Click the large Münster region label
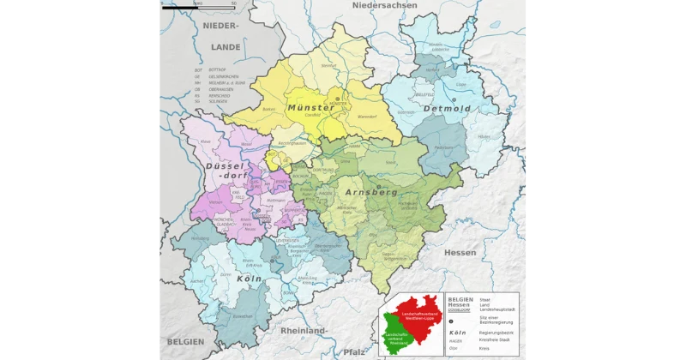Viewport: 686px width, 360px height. click(x=311, y=107)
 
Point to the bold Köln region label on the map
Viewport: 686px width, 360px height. click(x=249, y=279)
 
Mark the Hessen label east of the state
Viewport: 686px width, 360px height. click(x=460, y=252)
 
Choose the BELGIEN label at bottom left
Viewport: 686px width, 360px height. click(x=185, y=341)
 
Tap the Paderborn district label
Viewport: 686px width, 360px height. click(x=442, y=147)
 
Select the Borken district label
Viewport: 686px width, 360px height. click(x=245, y=110)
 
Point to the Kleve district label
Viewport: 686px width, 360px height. click(x=205, y=141)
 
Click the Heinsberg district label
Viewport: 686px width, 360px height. click(x=201, y=238)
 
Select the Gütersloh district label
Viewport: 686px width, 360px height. click(x=406, y=112)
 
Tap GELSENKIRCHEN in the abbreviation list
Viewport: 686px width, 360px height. click(x=218, y=77)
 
